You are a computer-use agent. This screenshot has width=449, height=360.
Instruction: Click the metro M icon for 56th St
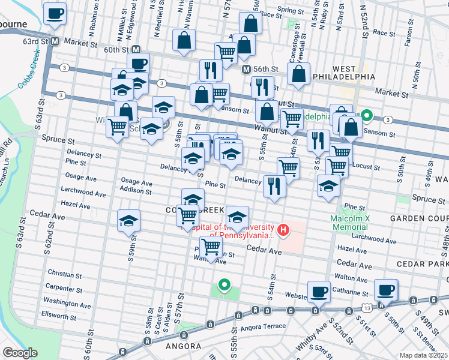[246, 70]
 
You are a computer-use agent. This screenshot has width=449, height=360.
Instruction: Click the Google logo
[20, 353]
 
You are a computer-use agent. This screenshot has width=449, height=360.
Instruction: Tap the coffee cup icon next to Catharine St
[319, 291]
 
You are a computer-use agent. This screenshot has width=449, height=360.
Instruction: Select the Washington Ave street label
[67, 302]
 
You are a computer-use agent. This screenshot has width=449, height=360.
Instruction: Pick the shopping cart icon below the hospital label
[211, 247]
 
